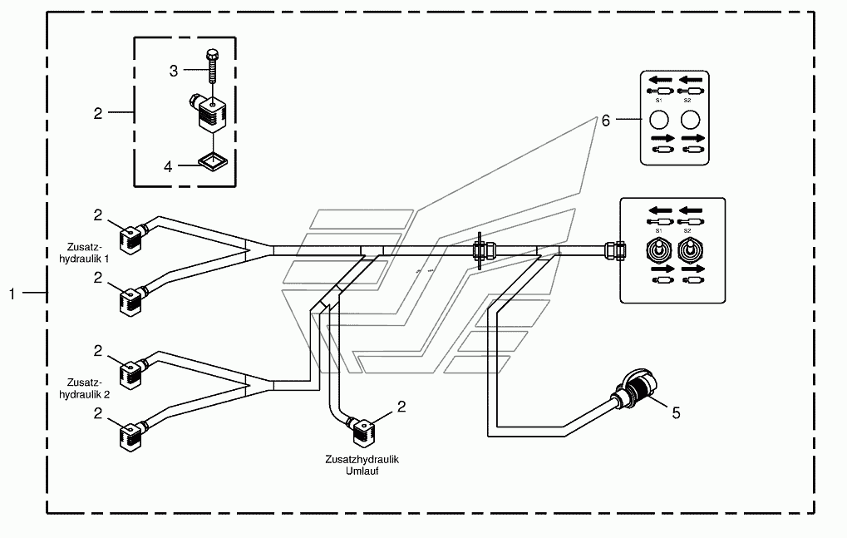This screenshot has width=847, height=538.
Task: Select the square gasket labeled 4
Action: pos(213,161)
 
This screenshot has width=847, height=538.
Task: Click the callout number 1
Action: pos(12,294)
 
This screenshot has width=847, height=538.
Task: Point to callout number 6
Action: pos(606,120)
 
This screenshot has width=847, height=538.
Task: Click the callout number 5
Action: pos(676,413)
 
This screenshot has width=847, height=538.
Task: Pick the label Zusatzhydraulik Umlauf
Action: pos(362,465)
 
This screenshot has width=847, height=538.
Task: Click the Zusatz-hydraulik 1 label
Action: pos(84,253)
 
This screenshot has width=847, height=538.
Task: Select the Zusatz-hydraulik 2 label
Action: pos(84,388)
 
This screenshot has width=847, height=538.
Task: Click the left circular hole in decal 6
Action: pos(659,120)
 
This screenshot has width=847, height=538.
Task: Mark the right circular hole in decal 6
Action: pos(691,120)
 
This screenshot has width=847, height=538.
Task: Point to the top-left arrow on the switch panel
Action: pos(660,210)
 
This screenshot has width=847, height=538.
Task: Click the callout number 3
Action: pos(174,71)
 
